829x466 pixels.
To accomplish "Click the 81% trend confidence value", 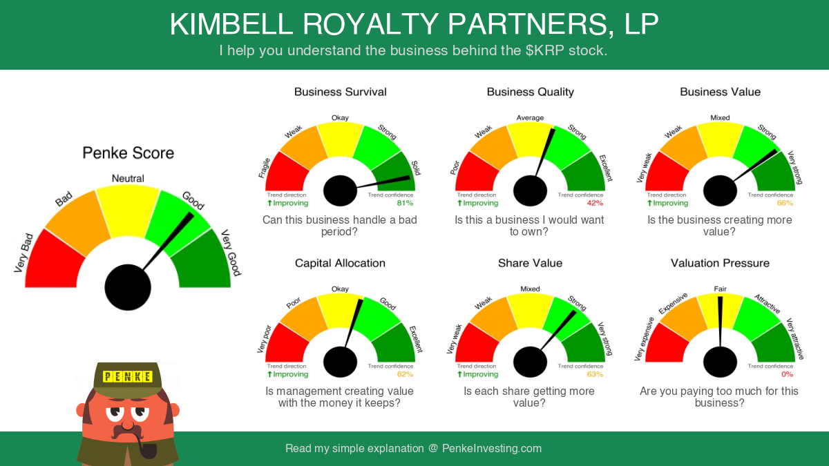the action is tap(405, 203).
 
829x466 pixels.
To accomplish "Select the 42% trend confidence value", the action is tap(595, 203).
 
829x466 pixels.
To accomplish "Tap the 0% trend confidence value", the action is tap(787, 374).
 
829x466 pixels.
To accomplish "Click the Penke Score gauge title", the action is tap(128, 153).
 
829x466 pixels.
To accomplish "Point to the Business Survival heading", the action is tap(340, 92).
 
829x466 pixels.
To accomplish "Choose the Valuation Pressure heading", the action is tap(720, 263).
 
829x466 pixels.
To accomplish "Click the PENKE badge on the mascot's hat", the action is tap(127, 376).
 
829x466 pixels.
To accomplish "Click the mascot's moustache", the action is tap(128, 431).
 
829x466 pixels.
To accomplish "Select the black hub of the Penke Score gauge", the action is tap(128, 287).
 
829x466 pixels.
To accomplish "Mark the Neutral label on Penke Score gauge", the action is tap(128, 178).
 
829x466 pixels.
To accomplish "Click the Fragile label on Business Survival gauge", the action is tap(264, 168).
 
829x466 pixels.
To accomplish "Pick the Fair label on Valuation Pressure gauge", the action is tap(720, 289).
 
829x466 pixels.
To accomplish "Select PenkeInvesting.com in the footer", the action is tap(491, 448).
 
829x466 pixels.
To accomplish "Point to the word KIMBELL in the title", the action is tap(231, 24).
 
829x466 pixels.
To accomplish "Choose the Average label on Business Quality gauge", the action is tap(530, 117).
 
